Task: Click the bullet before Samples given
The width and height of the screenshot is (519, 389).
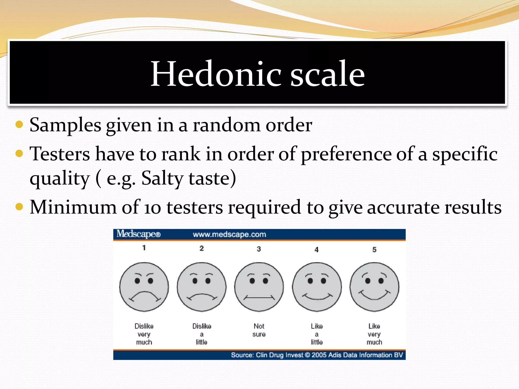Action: [x=19, y=125]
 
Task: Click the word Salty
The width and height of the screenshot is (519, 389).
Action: [x=162, y=178]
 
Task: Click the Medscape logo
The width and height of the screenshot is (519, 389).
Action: [x=138, y=234]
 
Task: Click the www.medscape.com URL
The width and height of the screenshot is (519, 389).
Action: [x=229, y=235]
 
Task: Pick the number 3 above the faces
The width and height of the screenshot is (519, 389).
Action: [x=259, y=249]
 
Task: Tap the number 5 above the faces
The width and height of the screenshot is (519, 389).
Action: [x=374, y=250]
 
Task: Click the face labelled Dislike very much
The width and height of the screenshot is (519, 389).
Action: [x=144, y=287]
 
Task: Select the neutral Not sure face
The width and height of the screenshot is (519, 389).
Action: [x=259, y=287]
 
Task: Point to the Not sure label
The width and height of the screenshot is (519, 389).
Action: [x=259, y=330]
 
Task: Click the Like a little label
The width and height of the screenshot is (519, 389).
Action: [x=317, y=334]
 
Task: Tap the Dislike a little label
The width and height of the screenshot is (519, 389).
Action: [x=202, y=334]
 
